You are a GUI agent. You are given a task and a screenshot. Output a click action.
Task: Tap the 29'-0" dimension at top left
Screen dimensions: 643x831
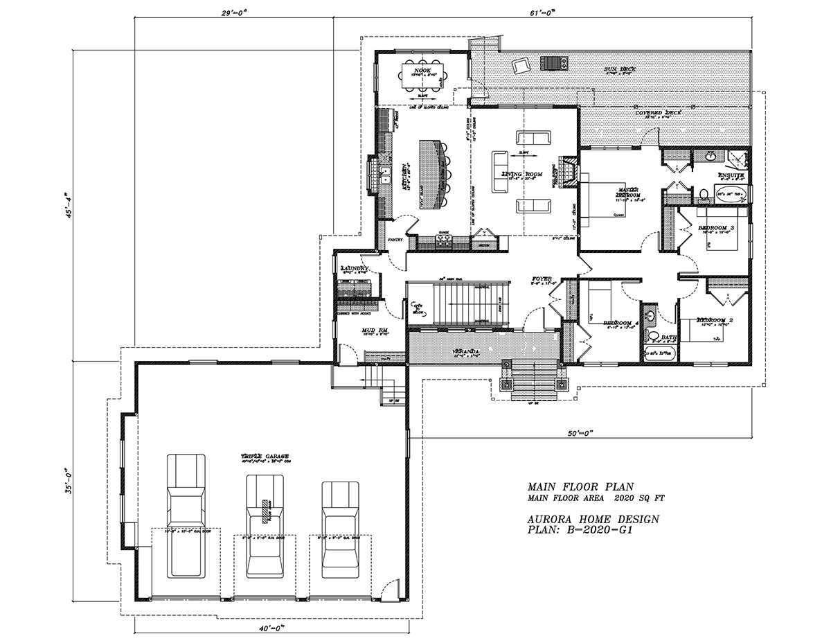point(233,12)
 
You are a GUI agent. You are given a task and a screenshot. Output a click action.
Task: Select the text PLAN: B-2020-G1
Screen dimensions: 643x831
point(581,530)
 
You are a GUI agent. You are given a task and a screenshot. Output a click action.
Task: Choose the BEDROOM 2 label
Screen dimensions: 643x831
point(716,319)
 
